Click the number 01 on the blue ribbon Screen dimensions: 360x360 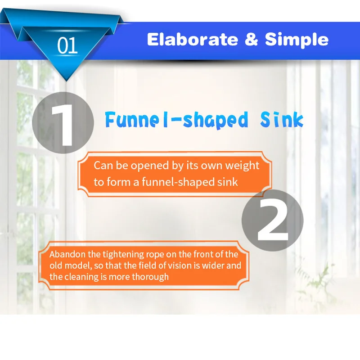coord(67,45)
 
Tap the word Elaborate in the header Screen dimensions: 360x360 coord(193,40)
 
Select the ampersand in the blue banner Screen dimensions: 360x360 coord(251,39)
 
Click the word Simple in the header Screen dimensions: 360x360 coord(297,40)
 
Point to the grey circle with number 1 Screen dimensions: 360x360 coord(63,122)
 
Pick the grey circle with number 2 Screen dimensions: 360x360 coord(273,220)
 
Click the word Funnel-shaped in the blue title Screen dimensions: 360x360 coord(176,120)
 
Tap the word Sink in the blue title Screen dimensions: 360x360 coord(282,119)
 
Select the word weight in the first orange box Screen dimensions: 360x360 coord(242,166)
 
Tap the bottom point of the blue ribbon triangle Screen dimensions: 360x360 coord(66,81)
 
